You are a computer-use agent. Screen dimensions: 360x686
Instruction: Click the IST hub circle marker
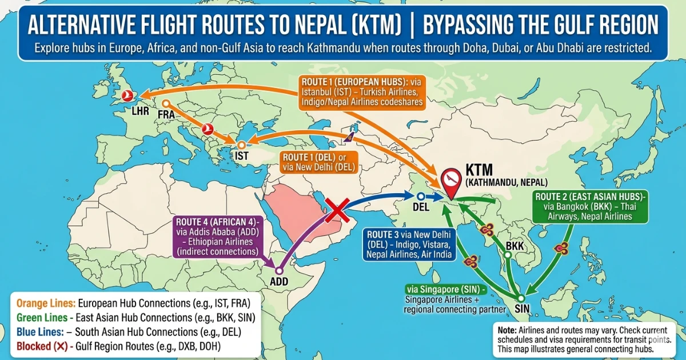(242, 145)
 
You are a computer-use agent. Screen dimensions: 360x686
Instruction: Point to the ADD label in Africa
(279, 281)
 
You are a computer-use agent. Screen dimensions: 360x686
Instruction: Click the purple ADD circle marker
(279, 271)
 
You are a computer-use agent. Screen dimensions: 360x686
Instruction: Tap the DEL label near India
(421, 207)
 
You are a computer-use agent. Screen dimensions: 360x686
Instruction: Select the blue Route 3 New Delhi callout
(409, 245)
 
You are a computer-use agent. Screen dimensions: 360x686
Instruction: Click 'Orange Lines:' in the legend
(46, 302)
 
